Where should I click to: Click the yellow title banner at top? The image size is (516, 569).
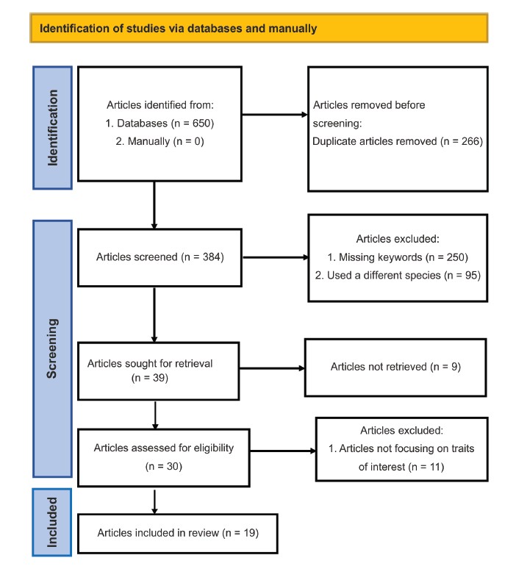(259, 29)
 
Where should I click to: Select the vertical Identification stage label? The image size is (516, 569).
(53, 128)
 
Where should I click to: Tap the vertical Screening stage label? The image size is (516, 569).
(53, 348)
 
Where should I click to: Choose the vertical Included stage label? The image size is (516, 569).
(52, 522)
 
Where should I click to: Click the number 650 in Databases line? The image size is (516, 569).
(201, 124)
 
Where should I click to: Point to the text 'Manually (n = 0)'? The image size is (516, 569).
(166, 141)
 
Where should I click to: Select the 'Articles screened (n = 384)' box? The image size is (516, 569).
(160, 257)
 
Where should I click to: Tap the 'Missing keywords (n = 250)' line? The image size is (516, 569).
(398, 257)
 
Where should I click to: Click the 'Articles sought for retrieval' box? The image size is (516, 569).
(159, 371)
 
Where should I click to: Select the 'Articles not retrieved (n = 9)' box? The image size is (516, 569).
(395, 368)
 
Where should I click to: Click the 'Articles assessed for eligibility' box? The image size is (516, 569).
(164, 457)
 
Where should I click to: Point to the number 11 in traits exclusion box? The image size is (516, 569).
(434, 467)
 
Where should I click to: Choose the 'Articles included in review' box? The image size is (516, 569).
(178, 533)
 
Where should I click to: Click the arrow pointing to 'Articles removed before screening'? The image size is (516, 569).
(275, 115)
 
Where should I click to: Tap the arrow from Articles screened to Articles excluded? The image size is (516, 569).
(276, 257)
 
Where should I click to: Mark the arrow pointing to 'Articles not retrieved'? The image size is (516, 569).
(272, 368)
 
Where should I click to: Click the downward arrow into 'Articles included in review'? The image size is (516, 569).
(154, 502)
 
